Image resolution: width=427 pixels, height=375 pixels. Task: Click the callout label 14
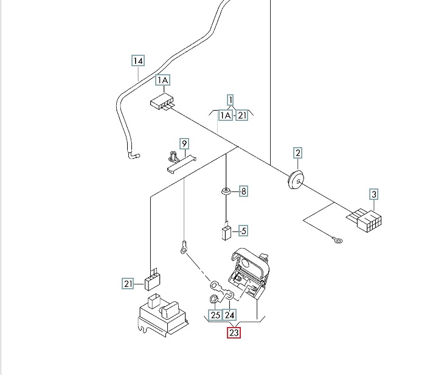139,61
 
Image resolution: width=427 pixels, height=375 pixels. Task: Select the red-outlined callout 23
234,333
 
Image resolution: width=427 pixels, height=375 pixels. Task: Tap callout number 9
184,143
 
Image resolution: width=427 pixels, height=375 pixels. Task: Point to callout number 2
297,153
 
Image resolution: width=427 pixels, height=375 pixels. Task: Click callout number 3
374,194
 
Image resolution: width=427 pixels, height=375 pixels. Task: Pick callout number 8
243,191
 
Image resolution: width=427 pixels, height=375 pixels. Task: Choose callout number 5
243,230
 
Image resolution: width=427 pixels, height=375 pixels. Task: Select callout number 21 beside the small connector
128,283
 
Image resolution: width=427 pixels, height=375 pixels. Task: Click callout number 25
215,315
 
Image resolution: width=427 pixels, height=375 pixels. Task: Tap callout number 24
229,315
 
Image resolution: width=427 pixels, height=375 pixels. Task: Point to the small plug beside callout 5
226,232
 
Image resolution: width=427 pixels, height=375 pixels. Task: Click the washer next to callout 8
226,192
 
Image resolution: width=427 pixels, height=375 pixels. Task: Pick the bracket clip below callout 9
180,162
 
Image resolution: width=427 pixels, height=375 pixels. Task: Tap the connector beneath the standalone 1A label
162,104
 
